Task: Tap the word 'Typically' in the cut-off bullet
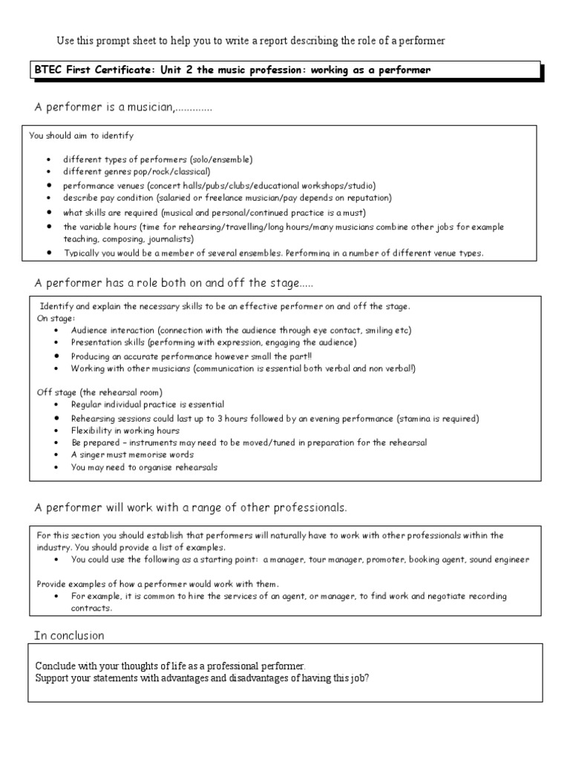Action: [x=82, y=253]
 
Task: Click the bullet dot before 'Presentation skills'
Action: [x=58, y=342]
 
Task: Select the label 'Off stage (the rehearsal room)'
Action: [x=99, y=391]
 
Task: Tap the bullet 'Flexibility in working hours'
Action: [x=125, y=431]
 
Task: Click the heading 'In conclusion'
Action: [x=69, y=635]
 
